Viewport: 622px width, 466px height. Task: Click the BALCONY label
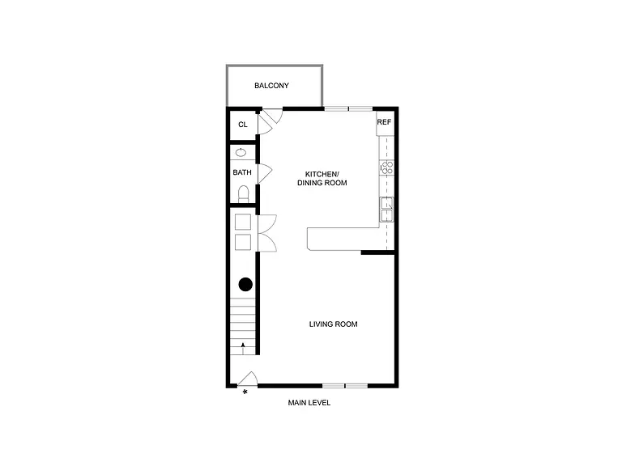pos(271,86)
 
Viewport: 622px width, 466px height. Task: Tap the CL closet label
pos(243,125)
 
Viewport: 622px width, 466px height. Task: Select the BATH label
pos(242,172)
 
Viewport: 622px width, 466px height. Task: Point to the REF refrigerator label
pos(384,122)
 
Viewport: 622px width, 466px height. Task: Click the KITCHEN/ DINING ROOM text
pos(322,178)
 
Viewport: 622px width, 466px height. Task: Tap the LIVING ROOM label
pos(333,324)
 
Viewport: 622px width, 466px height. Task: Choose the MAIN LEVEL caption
pos(309,403)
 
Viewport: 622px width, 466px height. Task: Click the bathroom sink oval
pos(241,153)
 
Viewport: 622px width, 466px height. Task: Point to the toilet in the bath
pos(243,194)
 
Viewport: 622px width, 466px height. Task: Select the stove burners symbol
pos(387,167)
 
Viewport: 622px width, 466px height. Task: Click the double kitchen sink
pos(387,210)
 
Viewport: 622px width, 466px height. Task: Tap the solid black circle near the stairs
pos(245,284)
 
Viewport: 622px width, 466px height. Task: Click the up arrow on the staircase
pos(243,348)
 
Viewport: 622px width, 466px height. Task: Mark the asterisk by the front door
pos(245,392)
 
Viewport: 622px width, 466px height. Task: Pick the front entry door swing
pos(249,378)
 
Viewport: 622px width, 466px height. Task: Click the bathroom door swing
pos(265,174)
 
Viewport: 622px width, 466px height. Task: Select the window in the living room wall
pos(345,386)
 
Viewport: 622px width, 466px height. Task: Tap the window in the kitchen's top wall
pos(349,108)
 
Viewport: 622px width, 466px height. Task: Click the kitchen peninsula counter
pos(343,239)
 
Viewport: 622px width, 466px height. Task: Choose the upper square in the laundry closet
pos(243,222)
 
